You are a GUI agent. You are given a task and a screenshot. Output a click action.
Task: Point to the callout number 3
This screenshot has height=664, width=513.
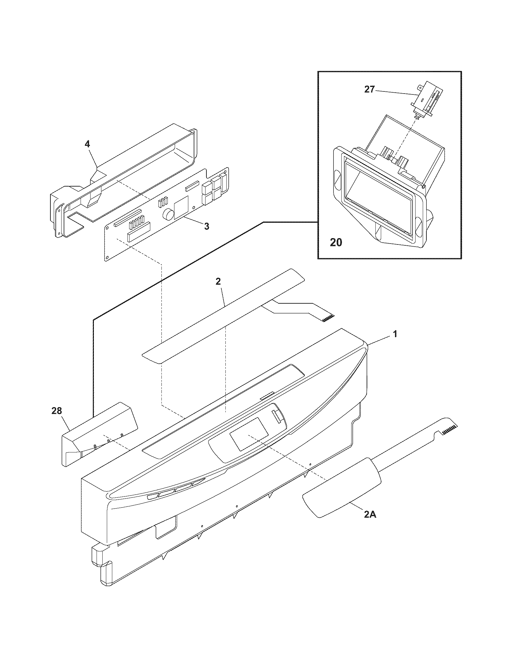(x=206, y=226)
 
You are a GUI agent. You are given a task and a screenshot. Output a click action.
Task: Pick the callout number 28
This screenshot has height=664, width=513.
(x=57, y=411)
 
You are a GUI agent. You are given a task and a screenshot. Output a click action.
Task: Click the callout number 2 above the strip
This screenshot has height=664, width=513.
(x=218, y=282)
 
